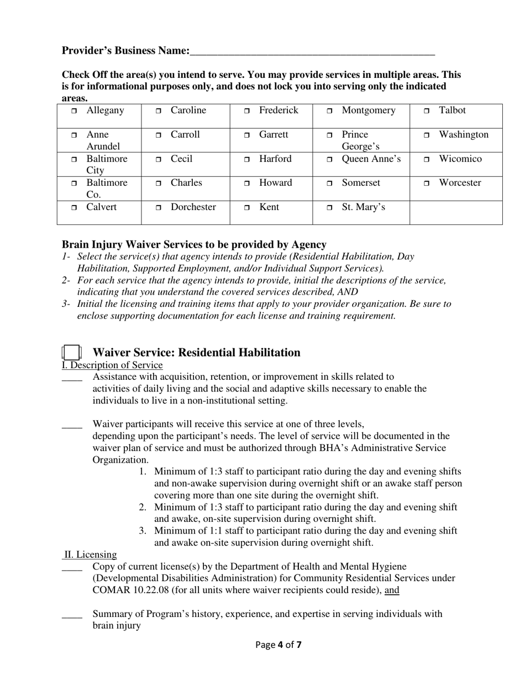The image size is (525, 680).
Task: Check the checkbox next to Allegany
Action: click(x=74, y=111)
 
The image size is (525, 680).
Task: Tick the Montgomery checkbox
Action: click(x=329, y=111)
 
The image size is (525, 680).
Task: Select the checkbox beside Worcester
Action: click(x=427, y=184)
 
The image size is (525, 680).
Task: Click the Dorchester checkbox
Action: click(x=158, y=208)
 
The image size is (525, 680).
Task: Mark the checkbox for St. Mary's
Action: click(x=329, y=208)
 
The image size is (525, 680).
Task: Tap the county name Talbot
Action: click(x=452, y=110)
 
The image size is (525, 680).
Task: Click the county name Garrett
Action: click(x=274, y=134)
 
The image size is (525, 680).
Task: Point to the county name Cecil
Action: click(x=181, y=159)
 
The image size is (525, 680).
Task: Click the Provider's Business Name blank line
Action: click(x=312, y=51)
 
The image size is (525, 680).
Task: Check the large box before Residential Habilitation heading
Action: click(x=72, y=352)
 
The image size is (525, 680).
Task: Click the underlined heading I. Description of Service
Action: click(x=112, y=365)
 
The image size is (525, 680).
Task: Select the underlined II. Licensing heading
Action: click(x=90, y=555)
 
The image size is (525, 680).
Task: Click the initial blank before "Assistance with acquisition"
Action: click(x=72, y=378)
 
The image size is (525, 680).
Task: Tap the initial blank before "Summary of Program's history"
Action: click(x=72, y=615)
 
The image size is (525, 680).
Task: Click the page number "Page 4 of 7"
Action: click(x=279, y=644)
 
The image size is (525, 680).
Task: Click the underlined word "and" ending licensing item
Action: click(x=392, y=590)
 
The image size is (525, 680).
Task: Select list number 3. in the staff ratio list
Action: click(x=143, y=531)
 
